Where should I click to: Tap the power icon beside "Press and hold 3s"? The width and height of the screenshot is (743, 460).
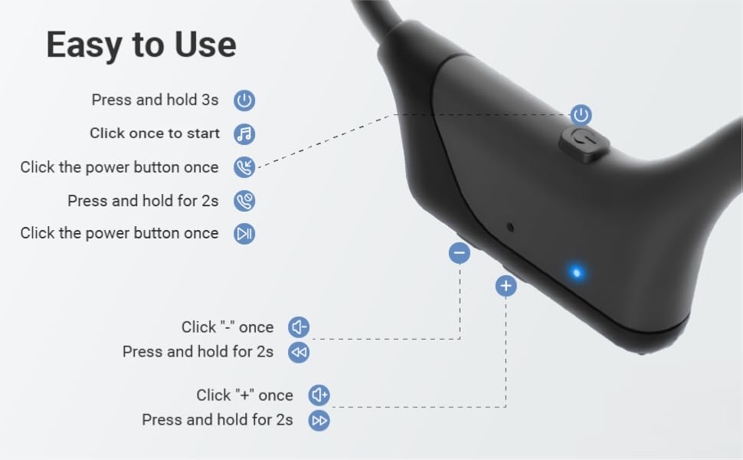point(244,100)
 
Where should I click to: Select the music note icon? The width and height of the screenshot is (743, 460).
point(244,133)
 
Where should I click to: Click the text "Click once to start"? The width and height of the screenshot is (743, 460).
point(154,133)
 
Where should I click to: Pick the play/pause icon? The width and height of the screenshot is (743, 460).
point(244,234)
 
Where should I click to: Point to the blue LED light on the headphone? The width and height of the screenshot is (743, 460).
point(577,271)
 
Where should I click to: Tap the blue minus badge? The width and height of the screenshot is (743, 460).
point(460,253)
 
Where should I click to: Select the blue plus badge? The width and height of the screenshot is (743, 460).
point(506,286)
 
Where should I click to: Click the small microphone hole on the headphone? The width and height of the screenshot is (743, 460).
point(511,228)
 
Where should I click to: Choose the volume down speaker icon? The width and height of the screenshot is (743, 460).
point(299,327)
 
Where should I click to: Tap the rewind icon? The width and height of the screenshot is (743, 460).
point(299,352)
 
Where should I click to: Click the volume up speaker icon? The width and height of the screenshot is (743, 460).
point(319,396)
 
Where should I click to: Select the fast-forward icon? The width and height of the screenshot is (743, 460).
point(319,420)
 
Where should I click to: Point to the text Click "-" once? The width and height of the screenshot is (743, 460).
point(227,327)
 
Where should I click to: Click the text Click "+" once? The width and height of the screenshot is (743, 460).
point(244,396)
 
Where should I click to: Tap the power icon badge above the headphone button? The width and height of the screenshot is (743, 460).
point(581,115)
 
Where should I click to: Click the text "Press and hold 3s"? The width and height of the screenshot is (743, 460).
point(155,100)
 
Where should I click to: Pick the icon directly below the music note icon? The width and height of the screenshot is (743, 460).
point(244,167)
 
